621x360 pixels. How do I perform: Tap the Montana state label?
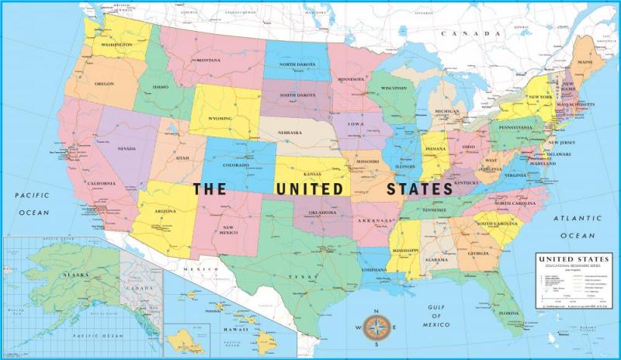(x=208, y=61)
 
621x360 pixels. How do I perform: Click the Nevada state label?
(x=126, y=148)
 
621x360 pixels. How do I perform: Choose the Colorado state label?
(x=236, y=164)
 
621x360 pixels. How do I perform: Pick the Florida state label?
(x=509, y=313)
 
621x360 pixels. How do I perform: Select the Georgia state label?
(x=478, y=254)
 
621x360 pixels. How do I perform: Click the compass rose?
(x=376, y=327)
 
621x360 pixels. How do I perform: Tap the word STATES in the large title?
(x=421, y=189)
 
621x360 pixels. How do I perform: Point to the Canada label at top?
(x=470, y=34)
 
